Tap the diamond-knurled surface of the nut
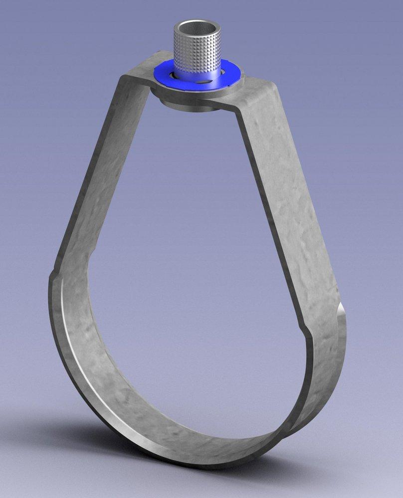coord(198,52)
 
